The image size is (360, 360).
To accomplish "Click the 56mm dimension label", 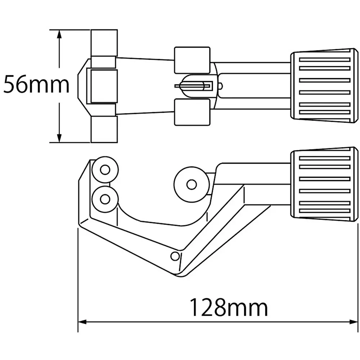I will pos(36,86).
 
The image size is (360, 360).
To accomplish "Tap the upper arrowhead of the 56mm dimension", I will pos(59,34).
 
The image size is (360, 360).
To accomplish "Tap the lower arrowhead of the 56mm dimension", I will pos(59,138).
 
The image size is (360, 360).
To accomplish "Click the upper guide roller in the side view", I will pos(105,170).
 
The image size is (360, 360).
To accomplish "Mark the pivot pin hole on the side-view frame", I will pos(175,256).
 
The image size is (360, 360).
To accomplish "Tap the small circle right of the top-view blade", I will pos(220,86).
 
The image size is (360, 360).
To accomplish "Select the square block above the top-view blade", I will pos(192,60).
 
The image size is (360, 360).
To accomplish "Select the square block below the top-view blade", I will pos(192,112).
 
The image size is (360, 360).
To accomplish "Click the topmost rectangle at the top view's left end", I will pos(104,42).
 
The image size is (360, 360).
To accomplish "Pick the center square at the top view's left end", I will pos(103,86).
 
